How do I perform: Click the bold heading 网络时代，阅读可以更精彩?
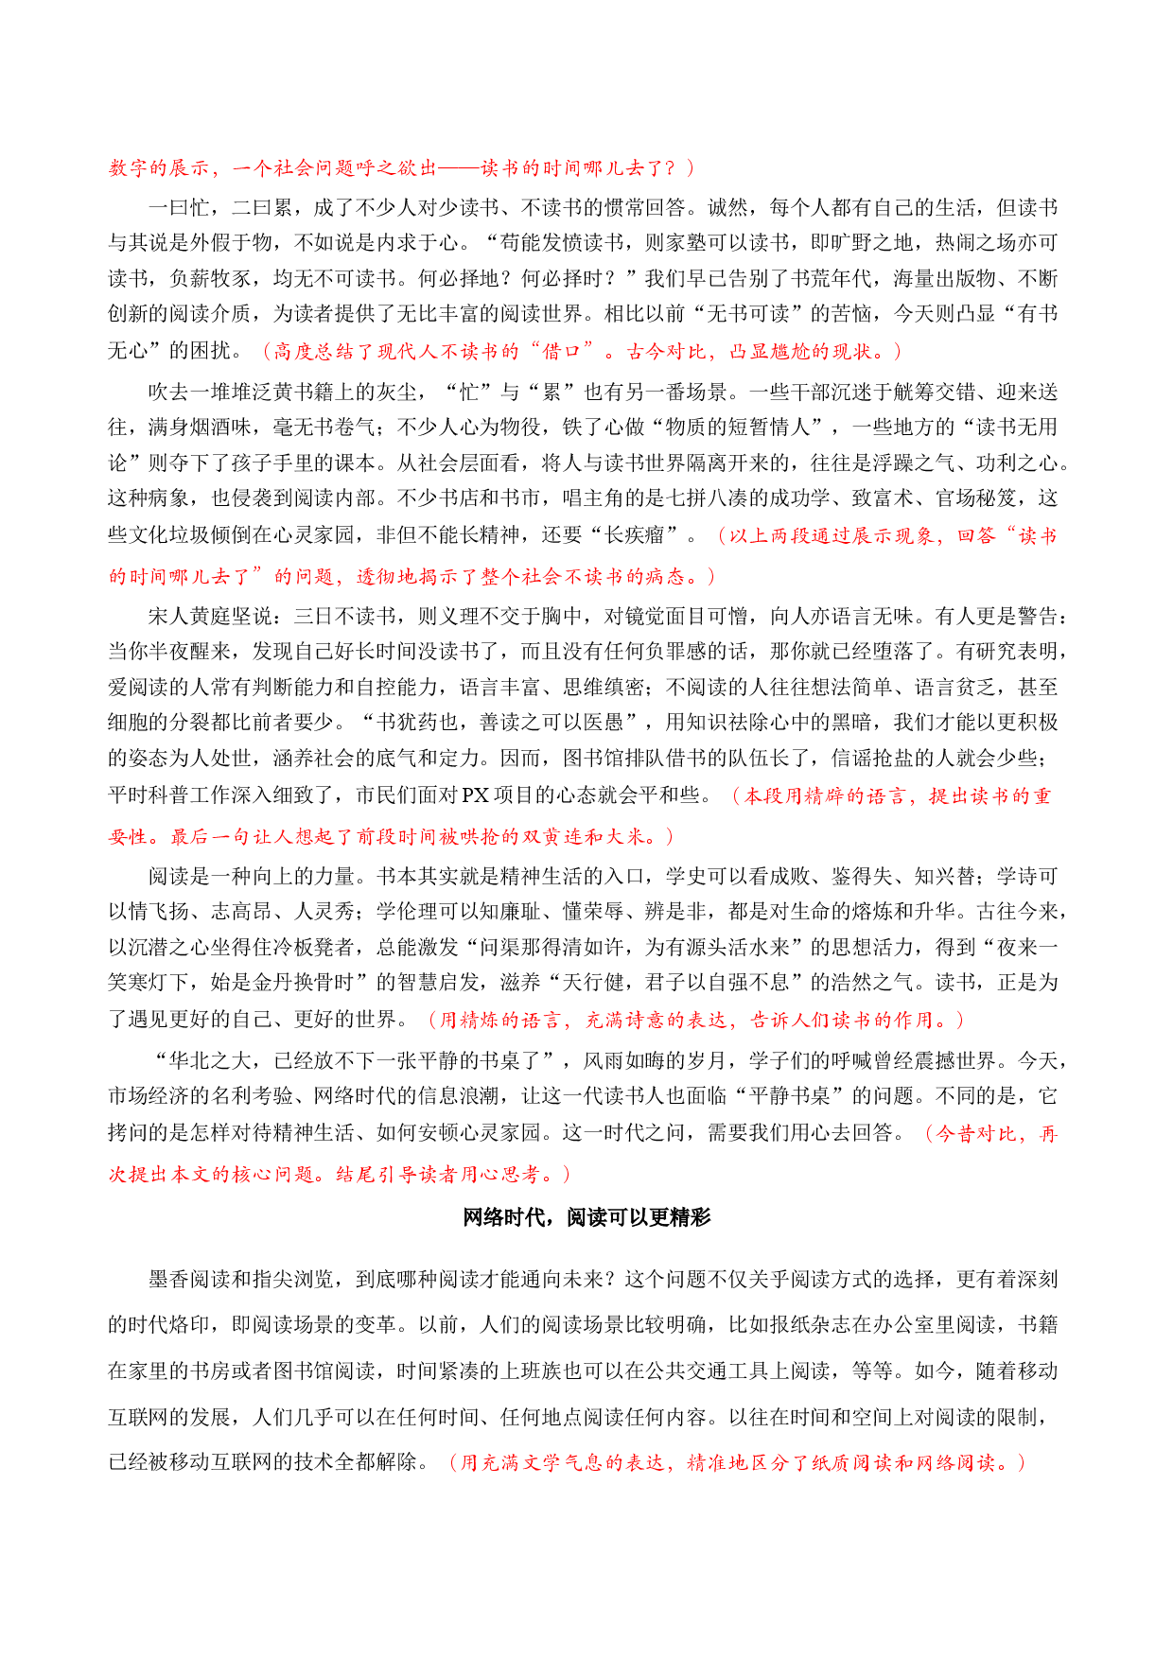(x=586, y=1217)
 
